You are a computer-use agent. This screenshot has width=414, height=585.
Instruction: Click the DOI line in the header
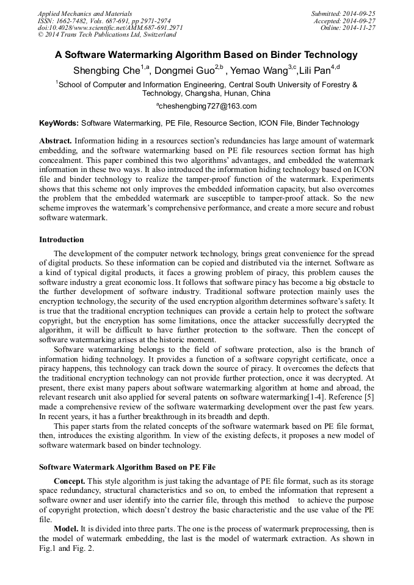click(x=110, y=27)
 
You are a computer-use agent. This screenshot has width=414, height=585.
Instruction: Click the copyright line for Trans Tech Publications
click(x=107, y=35)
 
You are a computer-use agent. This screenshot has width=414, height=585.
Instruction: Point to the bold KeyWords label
click(x=59, y=123)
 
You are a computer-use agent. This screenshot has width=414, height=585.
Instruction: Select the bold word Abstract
click(x=55, y=141)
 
